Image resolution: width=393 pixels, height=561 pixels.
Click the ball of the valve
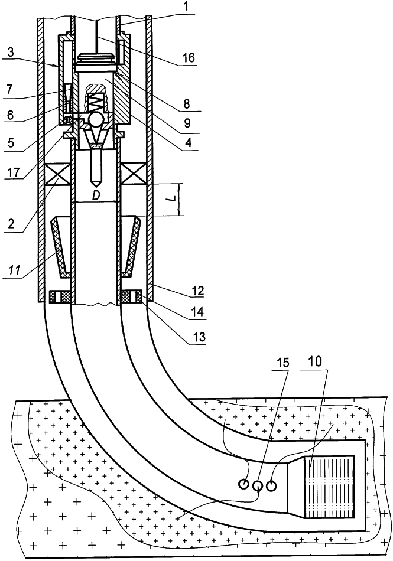pyautogui.click(x=95, y=120)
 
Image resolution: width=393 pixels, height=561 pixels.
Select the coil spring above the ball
pyautogui.click(x=95, y=102)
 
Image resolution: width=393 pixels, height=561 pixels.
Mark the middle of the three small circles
pyautogui.click(x=258, y=485)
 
